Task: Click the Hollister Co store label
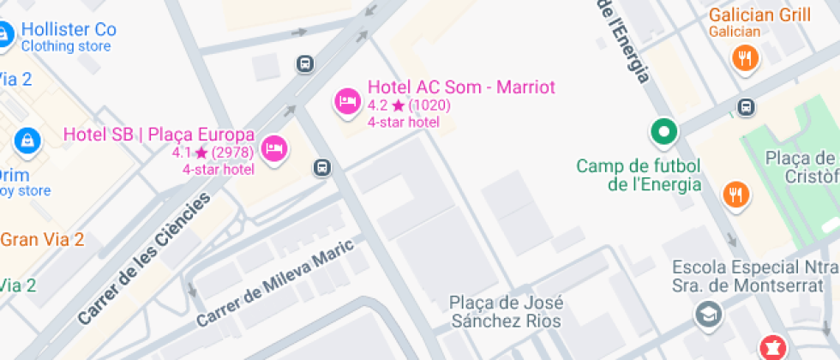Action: click(x=68, y=30)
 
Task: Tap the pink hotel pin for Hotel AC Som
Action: click(x=346, y=100)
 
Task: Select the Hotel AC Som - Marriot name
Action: click(x=461, y=87)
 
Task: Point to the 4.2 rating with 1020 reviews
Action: click(x=409, y=105)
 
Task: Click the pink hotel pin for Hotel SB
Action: click(x=273, y=148)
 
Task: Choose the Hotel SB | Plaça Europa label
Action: click(x=159, y=135)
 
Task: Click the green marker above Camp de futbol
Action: click(x=663, y=132)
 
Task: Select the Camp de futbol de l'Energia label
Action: click(x=639, y=175)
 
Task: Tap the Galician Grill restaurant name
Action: click(x=759, y=15)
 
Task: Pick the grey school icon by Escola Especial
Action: click(x=709, y=315)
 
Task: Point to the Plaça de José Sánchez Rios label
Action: click(x=506, y=312)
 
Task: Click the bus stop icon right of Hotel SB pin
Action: click(x=322, y=167)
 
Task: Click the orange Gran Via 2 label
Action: click(x=42, y=239)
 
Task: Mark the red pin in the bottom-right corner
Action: click(x=772, y=348)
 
